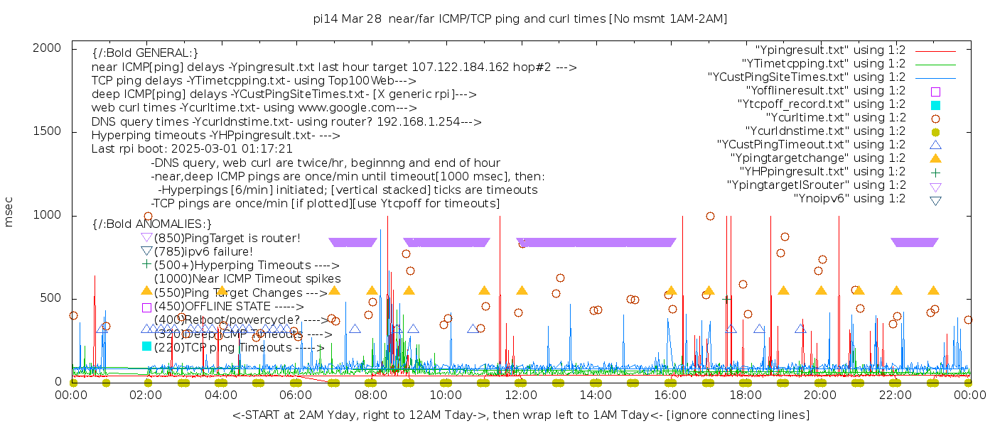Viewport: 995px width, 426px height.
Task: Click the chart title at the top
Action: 520,18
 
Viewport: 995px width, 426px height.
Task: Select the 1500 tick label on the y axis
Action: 48,132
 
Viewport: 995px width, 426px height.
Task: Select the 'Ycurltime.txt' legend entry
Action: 835,118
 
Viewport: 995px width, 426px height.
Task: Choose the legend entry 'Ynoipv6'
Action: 849,199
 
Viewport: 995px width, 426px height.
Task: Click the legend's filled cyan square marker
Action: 935,105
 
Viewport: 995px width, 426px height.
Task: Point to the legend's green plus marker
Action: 935,173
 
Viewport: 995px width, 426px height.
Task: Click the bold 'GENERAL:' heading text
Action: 145,53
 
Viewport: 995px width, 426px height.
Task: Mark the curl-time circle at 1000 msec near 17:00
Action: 710,217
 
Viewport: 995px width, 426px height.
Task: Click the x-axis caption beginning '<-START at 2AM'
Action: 520,415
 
